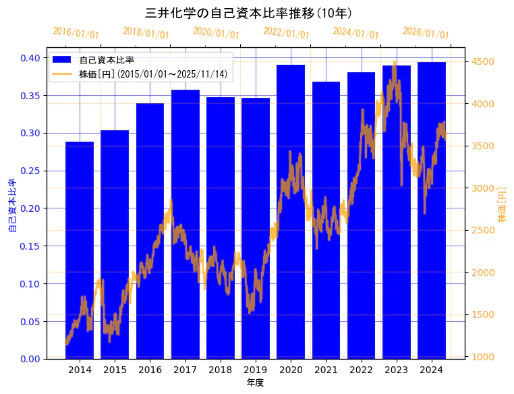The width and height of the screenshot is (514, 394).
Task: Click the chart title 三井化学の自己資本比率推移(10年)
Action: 249,13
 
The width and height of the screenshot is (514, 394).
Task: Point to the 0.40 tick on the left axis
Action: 30,58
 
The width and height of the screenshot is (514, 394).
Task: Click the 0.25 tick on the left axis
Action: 30,171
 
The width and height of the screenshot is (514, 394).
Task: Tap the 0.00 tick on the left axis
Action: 30,358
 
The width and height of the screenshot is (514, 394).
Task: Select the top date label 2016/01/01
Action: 76,33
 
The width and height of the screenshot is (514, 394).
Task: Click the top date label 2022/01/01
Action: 287,33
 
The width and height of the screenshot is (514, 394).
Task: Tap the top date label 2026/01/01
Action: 426,33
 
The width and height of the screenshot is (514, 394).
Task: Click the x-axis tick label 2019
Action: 256,370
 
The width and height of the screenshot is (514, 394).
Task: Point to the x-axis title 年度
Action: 255,383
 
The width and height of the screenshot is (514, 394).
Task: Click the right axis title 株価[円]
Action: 503,205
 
